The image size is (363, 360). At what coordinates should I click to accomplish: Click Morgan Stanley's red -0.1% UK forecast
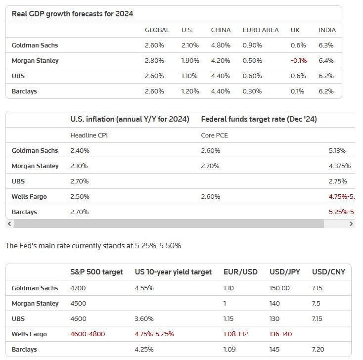click(x=299, y=61)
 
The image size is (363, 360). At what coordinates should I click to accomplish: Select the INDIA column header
click(x=327, y=30)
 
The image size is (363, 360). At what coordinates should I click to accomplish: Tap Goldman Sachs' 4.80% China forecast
click(x=221, y=45)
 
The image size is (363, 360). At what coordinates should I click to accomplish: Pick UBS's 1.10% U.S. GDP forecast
click(x=189, y=76)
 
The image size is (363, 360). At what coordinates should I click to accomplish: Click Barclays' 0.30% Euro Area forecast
click(x=252, y=91)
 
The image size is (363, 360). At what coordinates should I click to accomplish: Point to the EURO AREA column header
click(x=261, y=30)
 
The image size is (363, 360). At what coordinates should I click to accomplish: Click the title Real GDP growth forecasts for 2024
click(x=73, y=14)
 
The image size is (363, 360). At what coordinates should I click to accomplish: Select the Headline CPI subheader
click(x=89, y=135)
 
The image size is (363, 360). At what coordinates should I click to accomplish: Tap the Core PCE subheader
click(x=214, y=135)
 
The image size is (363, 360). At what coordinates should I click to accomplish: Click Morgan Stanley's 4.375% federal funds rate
click(x=340, y=166)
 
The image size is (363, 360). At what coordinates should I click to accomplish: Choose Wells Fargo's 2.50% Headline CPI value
click(x=80, y=196)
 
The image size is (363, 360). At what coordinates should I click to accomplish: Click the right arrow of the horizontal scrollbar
click(x=351, y=224)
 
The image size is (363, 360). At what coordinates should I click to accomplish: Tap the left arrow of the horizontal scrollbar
click(x=9, y=224)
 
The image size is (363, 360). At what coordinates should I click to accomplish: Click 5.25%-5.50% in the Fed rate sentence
click(x=158, y=246)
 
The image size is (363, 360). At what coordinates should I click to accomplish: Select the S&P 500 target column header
click(x=96, y=272)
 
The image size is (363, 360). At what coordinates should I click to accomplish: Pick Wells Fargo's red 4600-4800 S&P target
click(x=88, y=334)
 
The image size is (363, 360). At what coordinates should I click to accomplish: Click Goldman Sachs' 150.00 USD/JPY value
click(x=279, y=288)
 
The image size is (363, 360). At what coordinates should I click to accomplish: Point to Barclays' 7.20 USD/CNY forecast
click(x=318, y=349)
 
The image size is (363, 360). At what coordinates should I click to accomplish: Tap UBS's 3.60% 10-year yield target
click(x=144, y=319)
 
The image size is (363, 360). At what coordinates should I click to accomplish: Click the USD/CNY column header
click(x=328, y=272)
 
